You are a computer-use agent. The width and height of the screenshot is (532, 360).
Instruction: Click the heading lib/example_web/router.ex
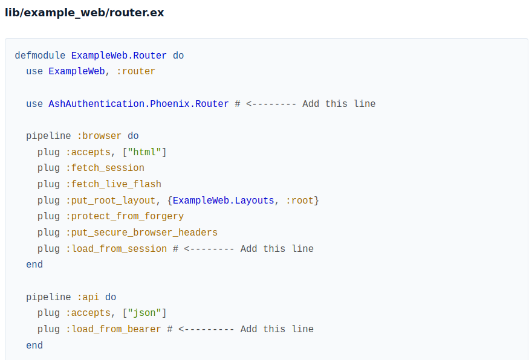[x=85, y=13]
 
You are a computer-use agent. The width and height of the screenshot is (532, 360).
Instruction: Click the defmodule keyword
[x=40, y=55]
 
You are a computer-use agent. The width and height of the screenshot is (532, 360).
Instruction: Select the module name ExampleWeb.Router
[x=118, y=55]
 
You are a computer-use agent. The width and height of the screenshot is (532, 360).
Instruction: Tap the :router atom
[x=135, y=71]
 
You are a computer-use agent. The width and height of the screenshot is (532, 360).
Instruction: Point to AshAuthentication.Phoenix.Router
[x=138, y=104]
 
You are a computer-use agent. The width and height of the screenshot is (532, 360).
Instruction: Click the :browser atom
[x=99, y=136]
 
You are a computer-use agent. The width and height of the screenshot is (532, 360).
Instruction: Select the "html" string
[x=144, y=152]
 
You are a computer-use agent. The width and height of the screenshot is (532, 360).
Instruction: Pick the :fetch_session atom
[x=105, y=168]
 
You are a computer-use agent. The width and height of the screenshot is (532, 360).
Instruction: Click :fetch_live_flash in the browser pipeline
[x=113, y=184]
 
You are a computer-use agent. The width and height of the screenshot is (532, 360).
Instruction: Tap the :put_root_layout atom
[x=110, y=201]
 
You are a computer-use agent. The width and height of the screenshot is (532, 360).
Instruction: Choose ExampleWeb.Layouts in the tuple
[x=223, y=201]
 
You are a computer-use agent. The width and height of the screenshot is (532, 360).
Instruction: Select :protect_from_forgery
[x=125, y=217]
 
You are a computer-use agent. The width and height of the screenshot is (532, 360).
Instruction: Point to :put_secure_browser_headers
[x=141, y=233]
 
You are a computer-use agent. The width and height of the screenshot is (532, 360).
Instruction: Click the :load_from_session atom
[x=116, y=249]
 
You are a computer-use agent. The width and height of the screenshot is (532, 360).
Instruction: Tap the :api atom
[x=88, y=297]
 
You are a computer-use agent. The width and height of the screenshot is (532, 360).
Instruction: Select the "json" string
[x=144, y=313]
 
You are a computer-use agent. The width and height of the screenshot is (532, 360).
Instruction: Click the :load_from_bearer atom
[x=113, y=329]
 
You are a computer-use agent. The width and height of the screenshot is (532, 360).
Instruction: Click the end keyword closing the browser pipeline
[x=34, y=265]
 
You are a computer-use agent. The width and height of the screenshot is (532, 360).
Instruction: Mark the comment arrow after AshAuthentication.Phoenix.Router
[x=271, y=104]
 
